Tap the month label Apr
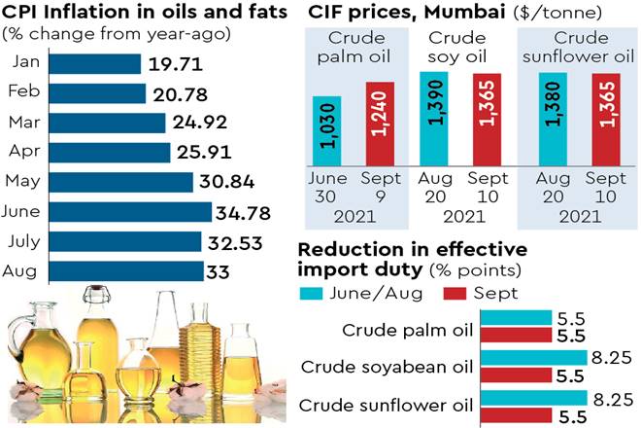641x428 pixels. pyautogui.click(x=24, y=153)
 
